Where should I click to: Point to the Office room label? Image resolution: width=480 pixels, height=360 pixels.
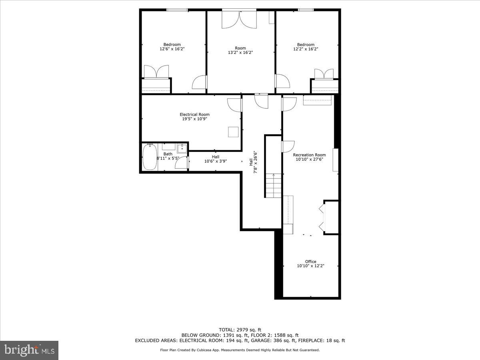coord(310,262)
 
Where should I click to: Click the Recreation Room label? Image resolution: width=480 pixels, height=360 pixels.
coord(309,155)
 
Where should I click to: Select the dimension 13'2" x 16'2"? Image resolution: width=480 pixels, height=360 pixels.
coord(240,52)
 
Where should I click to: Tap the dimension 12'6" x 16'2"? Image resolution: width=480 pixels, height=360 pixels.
coord(172,49)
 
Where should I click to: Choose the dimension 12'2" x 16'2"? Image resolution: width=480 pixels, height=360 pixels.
coord(306,49)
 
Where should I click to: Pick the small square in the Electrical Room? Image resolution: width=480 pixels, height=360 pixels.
coord(233,132)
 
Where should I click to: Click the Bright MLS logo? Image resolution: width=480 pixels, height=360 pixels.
coord(29,350)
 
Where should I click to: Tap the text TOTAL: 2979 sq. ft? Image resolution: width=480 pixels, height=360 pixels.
coord(240,330)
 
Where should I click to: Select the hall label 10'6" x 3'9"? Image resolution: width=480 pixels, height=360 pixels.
coord(216,162)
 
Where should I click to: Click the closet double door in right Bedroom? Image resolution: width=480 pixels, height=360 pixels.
coord(324,75)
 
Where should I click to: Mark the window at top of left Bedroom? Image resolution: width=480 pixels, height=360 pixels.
coord(177,10)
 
